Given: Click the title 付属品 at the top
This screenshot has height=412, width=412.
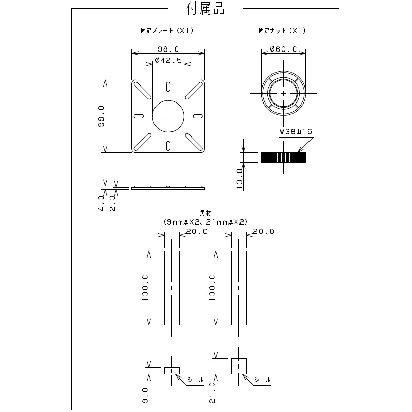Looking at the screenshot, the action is point(205,9).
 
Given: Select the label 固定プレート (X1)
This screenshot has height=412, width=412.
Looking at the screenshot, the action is point(167,31).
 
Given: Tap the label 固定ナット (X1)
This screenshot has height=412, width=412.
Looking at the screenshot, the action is point(282,31).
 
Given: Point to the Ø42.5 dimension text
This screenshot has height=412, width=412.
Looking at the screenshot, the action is point(168,60).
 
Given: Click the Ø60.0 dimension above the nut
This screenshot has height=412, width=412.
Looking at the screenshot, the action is point(283,49).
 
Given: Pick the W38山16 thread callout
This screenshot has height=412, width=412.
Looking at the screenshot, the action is point(296,131).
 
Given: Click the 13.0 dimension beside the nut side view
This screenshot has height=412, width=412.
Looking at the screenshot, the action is point(239,179).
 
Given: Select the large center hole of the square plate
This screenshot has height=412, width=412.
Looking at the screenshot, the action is point(168,116).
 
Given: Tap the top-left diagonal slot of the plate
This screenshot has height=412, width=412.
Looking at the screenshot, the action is point(143,91).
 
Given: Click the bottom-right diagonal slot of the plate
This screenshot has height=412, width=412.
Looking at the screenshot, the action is point(194,142).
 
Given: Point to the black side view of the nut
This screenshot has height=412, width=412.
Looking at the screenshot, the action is point(283,158).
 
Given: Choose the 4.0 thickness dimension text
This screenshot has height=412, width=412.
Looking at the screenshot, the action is point(101,203).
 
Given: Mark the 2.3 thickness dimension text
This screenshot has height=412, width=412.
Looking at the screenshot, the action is point(113,203).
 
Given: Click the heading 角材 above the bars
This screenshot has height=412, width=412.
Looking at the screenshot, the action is point(205,213).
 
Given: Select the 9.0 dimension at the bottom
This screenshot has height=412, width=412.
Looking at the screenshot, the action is point(145,396).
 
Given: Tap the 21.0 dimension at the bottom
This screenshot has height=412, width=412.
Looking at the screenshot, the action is point(212,393).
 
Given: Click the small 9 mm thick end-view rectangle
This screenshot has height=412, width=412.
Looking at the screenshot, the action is point(172,371).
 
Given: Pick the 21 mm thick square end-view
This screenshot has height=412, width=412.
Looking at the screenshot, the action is point(239,366).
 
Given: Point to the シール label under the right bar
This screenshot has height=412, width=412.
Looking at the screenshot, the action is point(262,380).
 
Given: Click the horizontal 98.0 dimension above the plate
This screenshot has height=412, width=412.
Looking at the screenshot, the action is point(168,49).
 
